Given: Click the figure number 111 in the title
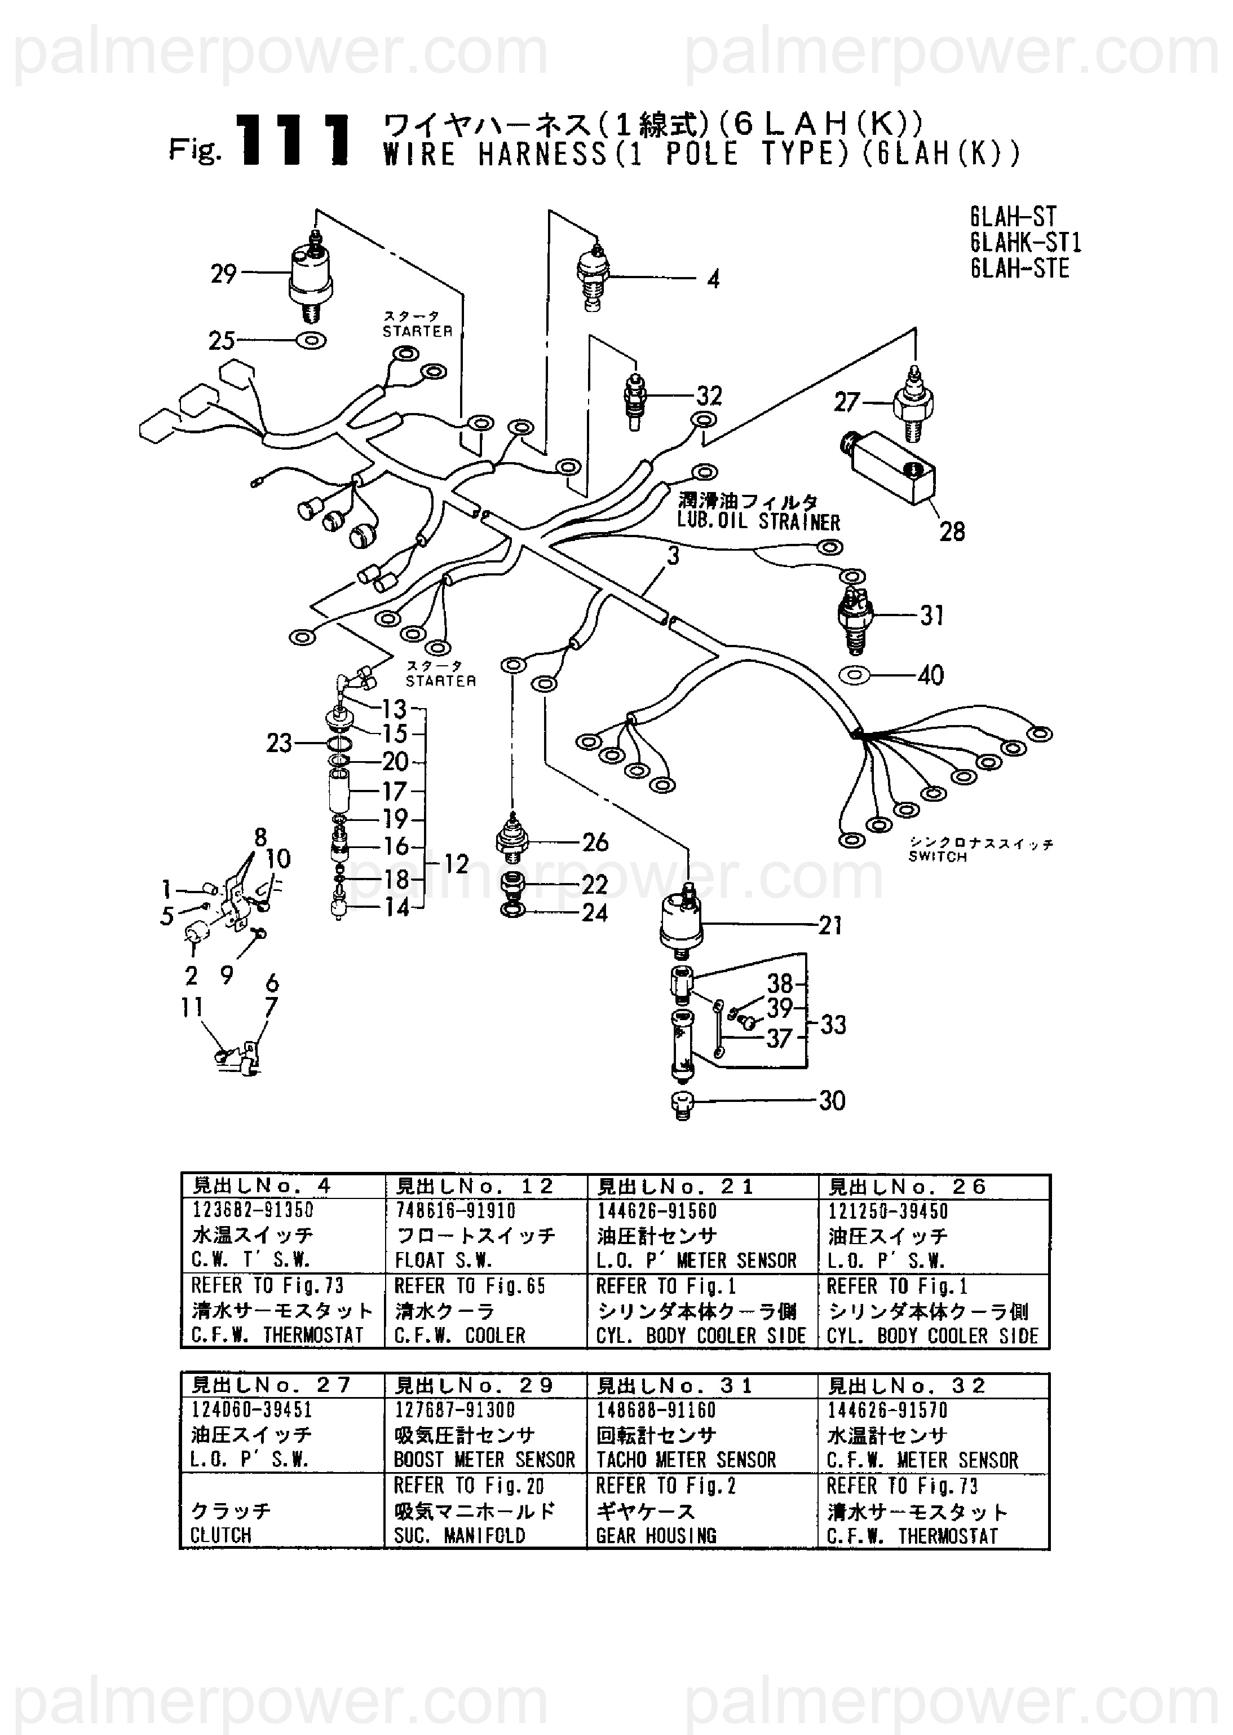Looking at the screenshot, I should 295,140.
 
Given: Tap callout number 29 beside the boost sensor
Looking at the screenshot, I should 223,274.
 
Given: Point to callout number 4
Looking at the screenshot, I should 713,279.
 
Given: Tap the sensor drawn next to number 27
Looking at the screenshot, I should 914,403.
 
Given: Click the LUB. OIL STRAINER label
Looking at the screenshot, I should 758,522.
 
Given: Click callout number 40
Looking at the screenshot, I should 931,675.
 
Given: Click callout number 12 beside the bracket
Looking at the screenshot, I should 456,864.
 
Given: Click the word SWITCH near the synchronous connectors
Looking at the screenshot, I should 938,857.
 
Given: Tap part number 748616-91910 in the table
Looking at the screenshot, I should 455,1211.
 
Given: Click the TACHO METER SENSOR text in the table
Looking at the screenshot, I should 686,1460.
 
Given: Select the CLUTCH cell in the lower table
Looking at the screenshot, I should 221,1535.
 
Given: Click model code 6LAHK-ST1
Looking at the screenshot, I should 1025,243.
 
